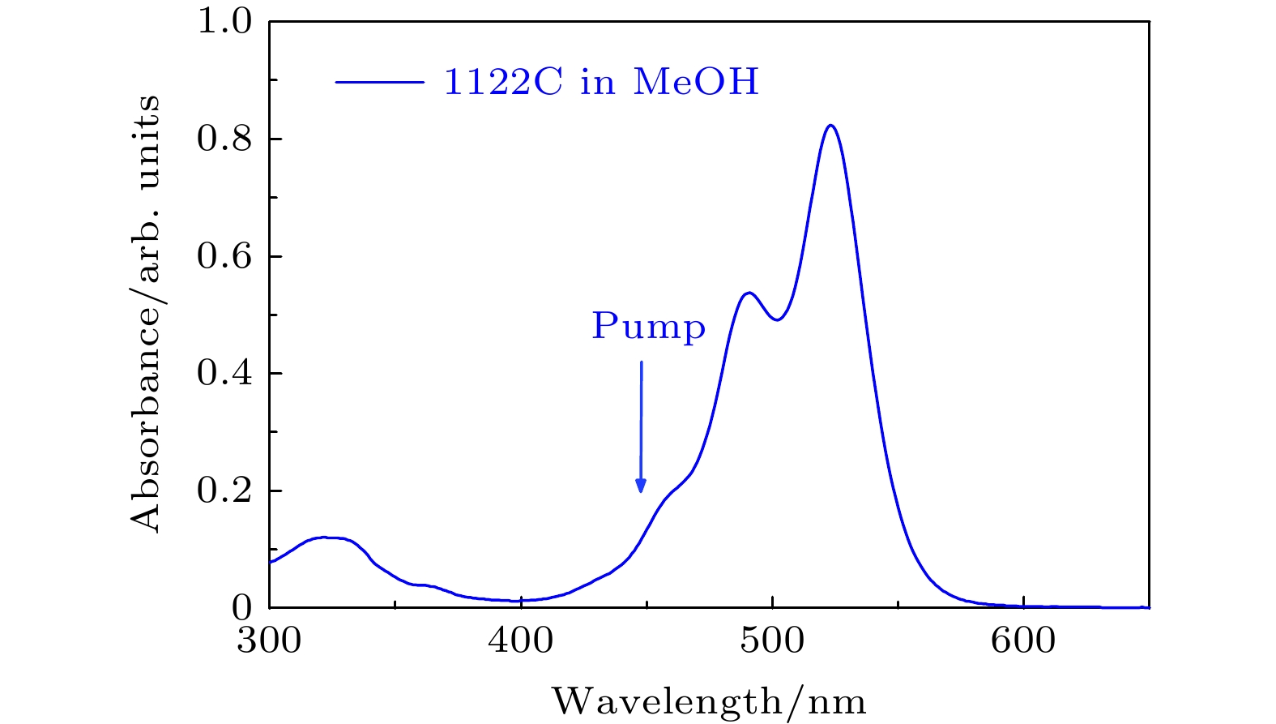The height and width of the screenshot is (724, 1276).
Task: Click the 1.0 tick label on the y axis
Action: click(224, 22)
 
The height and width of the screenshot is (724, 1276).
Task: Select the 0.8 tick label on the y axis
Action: click(224, 139)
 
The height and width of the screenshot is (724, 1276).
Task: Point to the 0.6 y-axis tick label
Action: click(224, 257)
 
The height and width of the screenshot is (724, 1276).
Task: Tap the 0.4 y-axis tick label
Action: click(224, 374)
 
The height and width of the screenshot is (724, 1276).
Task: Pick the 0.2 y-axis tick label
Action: click(224, 491)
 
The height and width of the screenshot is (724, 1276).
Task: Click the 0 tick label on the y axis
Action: click(242, 608)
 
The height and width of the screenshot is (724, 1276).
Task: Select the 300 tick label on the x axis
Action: click(269, 641)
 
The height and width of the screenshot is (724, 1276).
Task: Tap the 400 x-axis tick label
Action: click(521, 641)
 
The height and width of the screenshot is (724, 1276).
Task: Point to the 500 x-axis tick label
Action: click(773, 641)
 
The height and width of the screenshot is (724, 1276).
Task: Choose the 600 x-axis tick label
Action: click(1024, 641)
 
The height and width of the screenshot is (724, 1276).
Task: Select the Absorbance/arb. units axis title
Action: click(146, 314)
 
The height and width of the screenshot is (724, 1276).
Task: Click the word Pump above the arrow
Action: click(648, 327)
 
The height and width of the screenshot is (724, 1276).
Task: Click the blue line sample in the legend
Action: click(379, 82)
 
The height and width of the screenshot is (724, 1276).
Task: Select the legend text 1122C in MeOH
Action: click(601, 82)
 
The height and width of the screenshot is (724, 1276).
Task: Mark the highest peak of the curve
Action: click(830, 126)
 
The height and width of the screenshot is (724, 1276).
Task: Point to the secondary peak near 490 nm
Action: click(749, 293)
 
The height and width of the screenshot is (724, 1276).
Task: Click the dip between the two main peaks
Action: click(777, 319)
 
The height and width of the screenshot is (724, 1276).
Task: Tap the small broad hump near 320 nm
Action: click(324, 538)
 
